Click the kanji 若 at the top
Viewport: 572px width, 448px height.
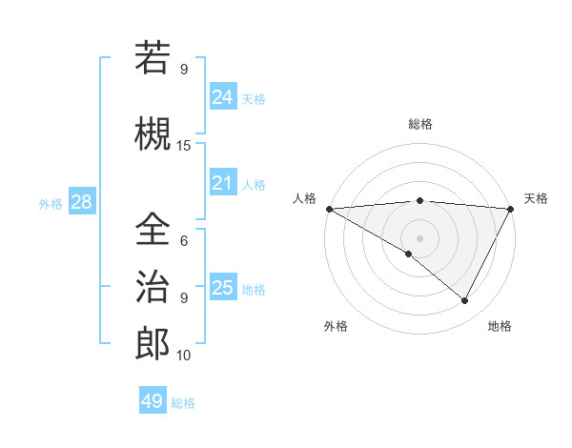point(153,59)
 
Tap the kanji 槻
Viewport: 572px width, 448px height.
point(153,134)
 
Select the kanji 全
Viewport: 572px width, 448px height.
point(153,230)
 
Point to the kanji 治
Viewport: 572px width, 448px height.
point(153,287)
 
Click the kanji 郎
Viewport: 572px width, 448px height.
point(153,344)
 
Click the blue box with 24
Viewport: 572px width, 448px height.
point(223,97)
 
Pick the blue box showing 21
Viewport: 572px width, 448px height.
point(223,183)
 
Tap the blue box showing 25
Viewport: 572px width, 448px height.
point(223,287)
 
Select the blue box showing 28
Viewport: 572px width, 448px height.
point(81,202)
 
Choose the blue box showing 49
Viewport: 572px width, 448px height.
point(153,401)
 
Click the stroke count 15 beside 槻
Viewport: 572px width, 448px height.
point(184,146)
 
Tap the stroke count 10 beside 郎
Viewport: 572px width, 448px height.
point(184,356)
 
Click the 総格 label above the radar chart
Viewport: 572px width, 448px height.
point(419,124)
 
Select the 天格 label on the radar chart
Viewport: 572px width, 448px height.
point(536,198)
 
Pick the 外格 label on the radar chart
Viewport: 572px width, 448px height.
point(336,326)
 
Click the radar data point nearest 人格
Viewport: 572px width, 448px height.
point(329,209)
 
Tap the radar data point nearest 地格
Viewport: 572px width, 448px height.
point(465,301)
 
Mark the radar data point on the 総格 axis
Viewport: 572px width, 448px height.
point(419,200)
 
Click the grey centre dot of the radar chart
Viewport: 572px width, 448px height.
point(419,237)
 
